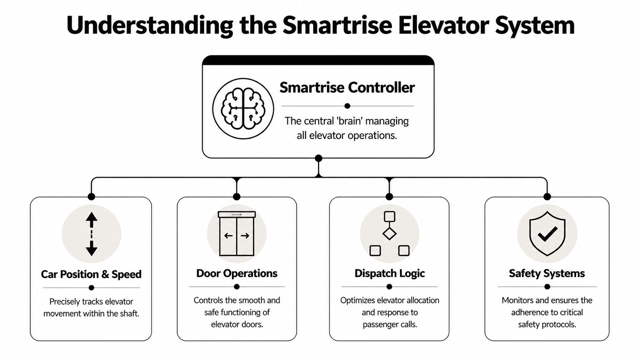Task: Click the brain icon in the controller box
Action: (243, 109)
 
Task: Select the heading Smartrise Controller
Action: (347, 88)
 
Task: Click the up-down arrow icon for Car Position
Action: (91, 234)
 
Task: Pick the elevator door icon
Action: (237, 233)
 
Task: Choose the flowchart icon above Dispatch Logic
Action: (389, 233)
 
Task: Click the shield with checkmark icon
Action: (547, 233)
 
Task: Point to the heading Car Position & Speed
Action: (91, 274)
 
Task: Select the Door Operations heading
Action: (237, 273)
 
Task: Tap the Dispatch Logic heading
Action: (389, 273)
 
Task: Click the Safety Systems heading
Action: (547, 273)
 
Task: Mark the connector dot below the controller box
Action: (318, 158)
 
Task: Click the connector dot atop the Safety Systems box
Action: (547, 197)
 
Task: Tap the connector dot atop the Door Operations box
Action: (237, 197)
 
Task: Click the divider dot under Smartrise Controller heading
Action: (347, 106)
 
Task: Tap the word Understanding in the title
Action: (149, 25)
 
